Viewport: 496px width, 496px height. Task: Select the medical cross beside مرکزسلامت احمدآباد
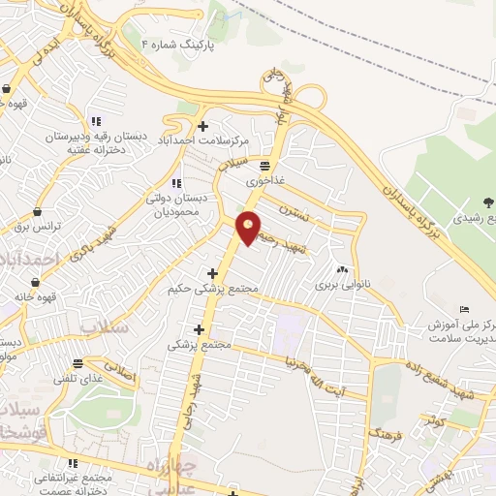(x=202, y=126)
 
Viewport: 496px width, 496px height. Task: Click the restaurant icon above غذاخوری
(x=265, y=166)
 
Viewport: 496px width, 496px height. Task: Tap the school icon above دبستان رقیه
(x=95, y=121)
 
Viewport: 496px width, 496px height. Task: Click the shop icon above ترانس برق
(x=37, y=210)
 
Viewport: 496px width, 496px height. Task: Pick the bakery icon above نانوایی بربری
(x=340, y=269)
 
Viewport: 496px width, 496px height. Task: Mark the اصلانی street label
(x=116, y=369)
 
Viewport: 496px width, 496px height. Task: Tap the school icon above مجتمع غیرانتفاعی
(x=72, y=463)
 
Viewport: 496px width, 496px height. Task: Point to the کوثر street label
(x=432, y=419)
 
